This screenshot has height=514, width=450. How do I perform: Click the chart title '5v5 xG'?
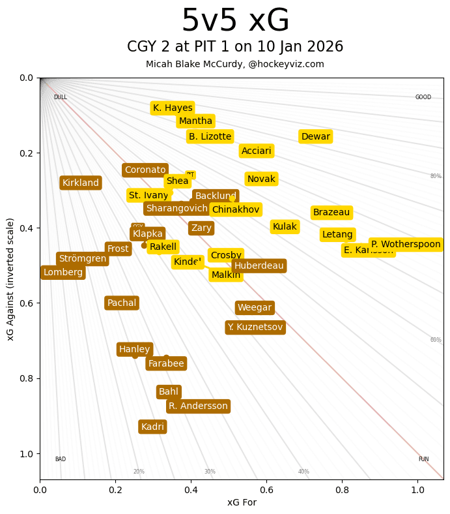pos(235,22)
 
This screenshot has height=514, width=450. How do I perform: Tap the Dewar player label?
pos(315,136)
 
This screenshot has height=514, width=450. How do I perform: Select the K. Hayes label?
pos(173,108)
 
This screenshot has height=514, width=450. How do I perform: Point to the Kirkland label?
pos(81,183)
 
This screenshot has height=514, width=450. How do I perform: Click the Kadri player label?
pos(153,427)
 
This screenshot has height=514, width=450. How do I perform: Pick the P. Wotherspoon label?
pos(406,245)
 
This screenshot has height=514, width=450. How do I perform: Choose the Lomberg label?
pos(63,273)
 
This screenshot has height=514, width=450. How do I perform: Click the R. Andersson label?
pos(198,406)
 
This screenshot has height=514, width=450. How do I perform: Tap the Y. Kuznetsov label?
pos(255,327)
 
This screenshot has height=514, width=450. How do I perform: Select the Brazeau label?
pos(331,213)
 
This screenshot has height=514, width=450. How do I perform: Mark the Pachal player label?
pos(122,303)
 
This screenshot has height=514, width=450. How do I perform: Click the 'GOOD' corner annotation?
pos(423,97)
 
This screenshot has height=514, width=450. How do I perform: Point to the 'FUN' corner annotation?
pos(423,459)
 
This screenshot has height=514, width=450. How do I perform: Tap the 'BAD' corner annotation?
pos(61,459)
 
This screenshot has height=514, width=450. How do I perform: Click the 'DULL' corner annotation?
pos(61,97)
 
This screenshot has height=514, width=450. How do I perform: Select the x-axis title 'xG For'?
pos(242,502)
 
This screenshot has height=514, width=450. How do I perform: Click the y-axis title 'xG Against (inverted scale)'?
pos(10,279)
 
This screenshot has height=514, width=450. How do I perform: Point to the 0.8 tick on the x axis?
pos(343,487)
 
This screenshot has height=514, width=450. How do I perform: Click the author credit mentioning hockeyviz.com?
pos(235,64)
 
